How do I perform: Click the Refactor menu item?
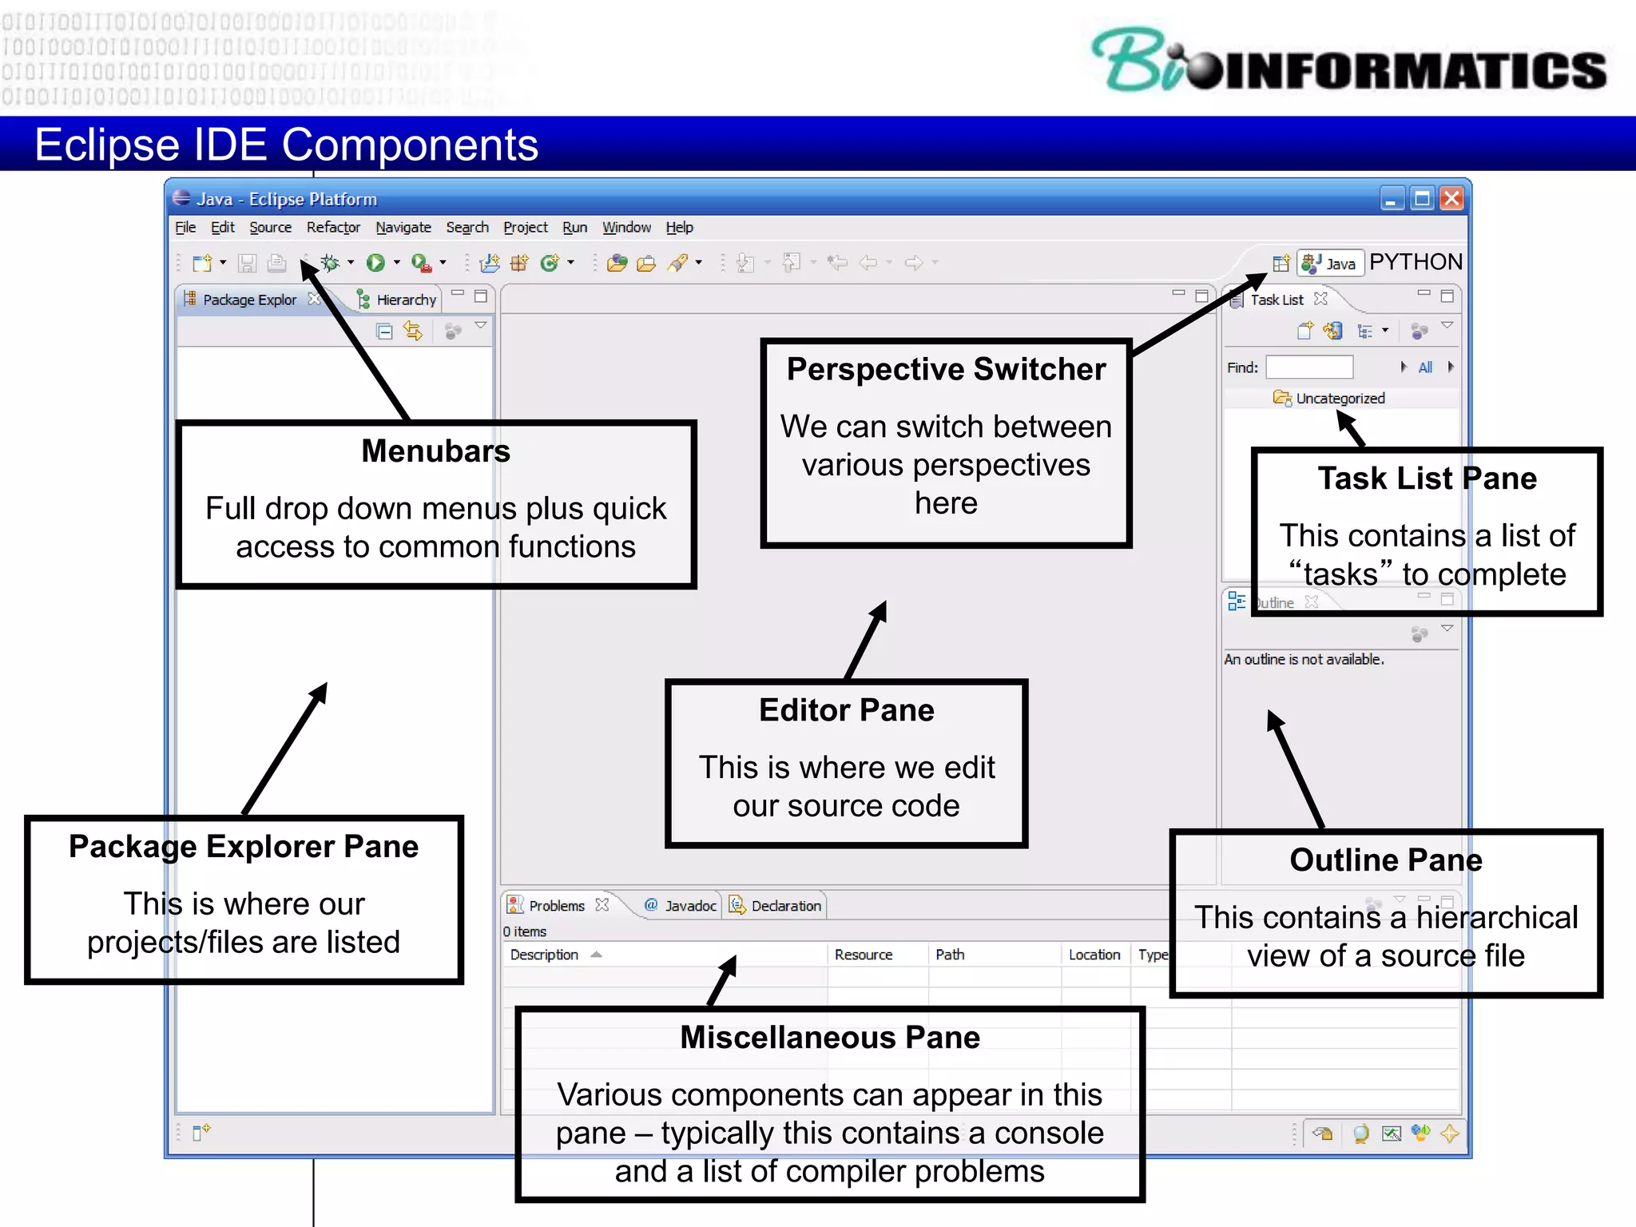pos(333,228)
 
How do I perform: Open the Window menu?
pos(626,228)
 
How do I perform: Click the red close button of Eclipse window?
pos(1451,198)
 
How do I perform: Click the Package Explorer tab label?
pos(249,300)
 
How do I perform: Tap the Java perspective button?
pos(1331,264)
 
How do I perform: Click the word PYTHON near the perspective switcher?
pos(1416,262)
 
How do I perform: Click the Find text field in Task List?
pos(1309,367)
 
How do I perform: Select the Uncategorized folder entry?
pos(1340,399)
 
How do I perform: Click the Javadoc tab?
pos(689,906)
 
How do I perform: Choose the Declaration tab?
pos(785,906)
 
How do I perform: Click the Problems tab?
pos(556,906)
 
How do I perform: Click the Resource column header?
pos(863,955)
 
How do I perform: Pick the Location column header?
pos(1094,955)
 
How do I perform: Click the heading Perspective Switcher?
pos(946,370)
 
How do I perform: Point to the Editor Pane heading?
pos(846,710)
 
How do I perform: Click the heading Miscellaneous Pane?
pos(829,1038)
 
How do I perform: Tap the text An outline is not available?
pos(1304,660)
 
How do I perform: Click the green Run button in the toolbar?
pos(375,263)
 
